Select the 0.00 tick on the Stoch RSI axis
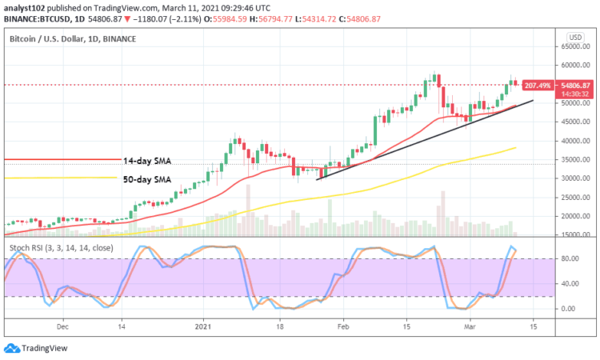pos(570,308)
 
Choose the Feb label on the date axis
pos(343,326)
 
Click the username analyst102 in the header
pos(26,6)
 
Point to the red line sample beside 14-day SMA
pos(61,160)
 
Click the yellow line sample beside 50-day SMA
pos(61,178)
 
